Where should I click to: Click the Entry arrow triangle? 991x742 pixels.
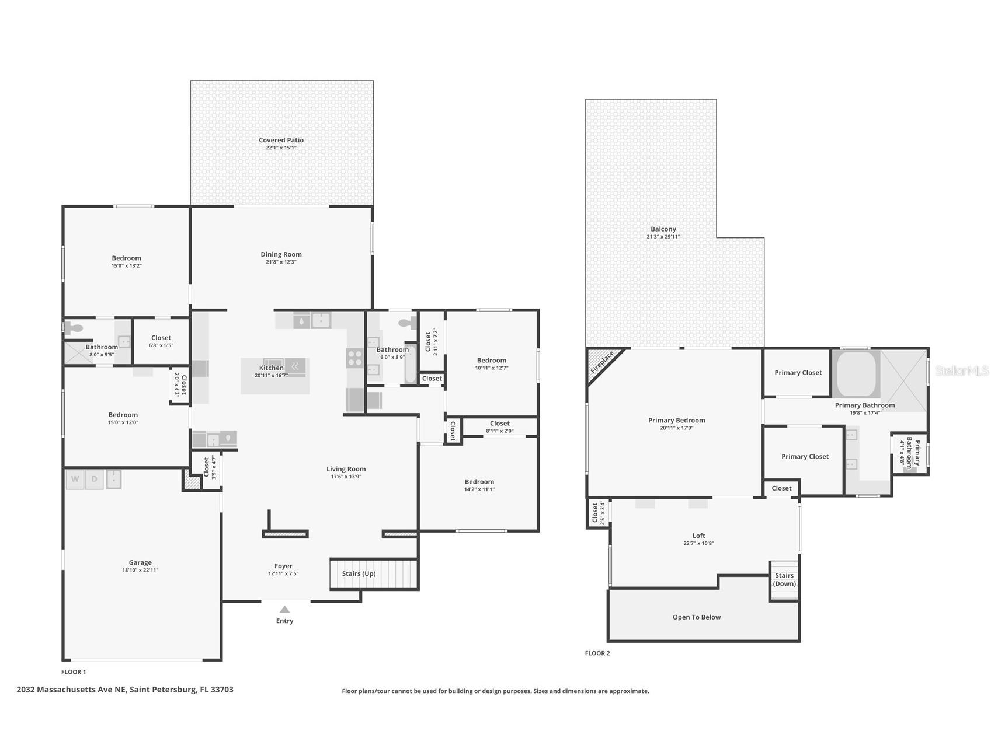pyautogui.click(x=284, y=609)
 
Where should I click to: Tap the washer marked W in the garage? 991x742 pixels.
pyautogui.click(x=75, y=480)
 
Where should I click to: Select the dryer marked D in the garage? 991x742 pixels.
pyautogui.click(x=95, y=480)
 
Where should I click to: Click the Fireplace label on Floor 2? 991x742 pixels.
pyautogui.click(x=602, y=362)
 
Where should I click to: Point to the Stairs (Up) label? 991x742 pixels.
pyautogui.click(x=359, y=573)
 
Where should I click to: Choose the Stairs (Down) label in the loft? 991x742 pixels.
pyautogui.click(x=784, y=579)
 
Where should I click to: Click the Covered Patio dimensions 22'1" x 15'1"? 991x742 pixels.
pyautogui.click(x=281, y=148)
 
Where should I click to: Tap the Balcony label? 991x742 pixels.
pyautogui.click(x=663, y=229)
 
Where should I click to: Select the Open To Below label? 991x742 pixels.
pyautogui.click(x=697, y=617)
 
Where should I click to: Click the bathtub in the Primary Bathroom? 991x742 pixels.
pyautogui.click(x=856, y=373)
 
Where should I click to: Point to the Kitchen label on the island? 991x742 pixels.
pyautogui.click(x=272, y=367)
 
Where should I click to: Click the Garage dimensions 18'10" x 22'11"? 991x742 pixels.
pyautogui.click(x=140, y=570)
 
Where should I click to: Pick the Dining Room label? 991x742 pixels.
pyautogui.click(x=281, y=254)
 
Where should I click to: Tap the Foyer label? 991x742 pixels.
pyautogui.click(x=283, y=566)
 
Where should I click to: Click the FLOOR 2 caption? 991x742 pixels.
pyautogui.click(x=597, y=653)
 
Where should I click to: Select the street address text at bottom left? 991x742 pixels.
pyautogui.click(x=125, y=689)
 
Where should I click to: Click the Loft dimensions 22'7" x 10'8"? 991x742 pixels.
pyautogui.click(x=699, y=543)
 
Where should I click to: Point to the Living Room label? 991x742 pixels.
pyautogui.click(x=346, y=469)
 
